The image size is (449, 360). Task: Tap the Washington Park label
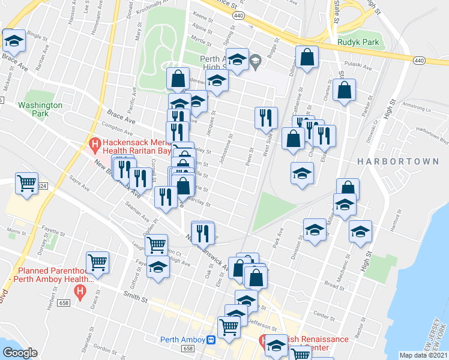click(x=40, y=109)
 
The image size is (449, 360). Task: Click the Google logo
click(x=20, y=353)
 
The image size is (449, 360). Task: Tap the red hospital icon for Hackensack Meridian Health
click(x=94, y=145)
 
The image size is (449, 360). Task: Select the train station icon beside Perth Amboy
click(x=211, y=340)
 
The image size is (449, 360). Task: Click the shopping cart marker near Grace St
click(x=97, y=262)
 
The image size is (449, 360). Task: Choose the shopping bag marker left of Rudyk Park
click(x=307, y=58)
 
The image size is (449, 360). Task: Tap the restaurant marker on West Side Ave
click(x=266, y=117)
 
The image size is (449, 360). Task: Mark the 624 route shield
click(x=41, y=187)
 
